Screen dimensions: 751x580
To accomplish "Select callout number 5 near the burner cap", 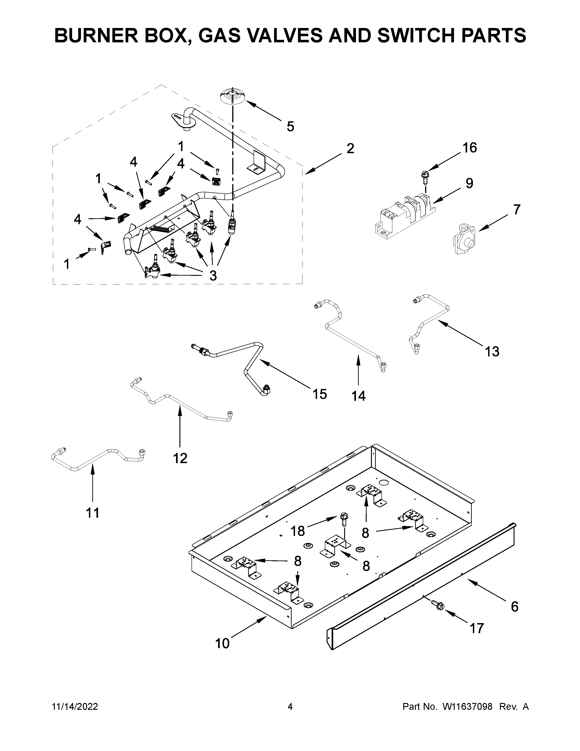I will pyautogui.click(x=290, y=127).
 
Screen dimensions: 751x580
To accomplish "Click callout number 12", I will pyautogui.click(x=180, y=458).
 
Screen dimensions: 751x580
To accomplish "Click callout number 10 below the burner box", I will pyautogui.click(x=222, y=643).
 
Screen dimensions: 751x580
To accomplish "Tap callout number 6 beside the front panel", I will pyautogui.click(x=514, y=607).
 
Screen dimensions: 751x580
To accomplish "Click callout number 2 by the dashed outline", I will pyautogui.click(x=350, y=149).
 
